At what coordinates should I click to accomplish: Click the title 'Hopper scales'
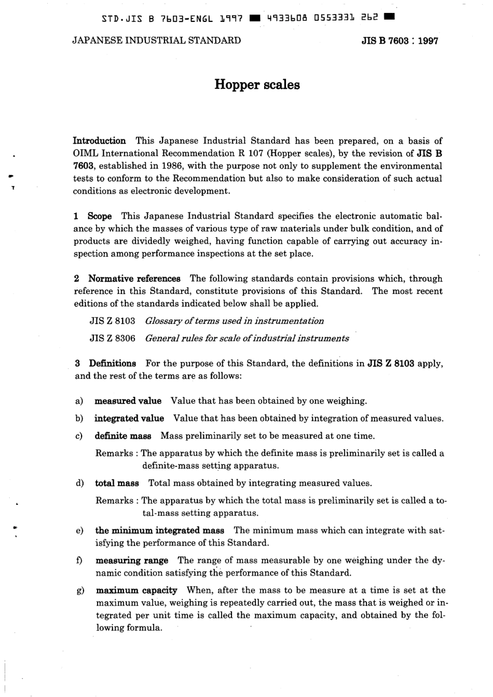point(257,85)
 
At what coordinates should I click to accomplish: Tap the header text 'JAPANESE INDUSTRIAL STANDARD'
point(156,41)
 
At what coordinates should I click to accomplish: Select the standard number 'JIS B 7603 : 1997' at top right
point(400,41)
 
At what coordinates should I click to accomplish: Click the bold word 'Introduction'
point(99,141)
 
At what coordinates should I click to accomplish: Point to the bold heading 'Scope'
point(100,216)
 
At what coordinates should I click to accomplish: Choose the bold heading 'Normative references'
point(134,278)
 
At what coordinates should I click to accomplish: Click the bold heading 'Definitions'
point(112,364)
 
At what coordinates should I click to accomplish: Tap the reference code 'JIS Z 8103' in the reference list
point(113,321)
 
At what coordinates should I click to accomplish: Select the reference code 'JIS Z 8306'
point(113,339)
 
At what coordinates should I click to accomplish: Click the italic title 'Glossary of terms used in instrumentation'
point(234,321)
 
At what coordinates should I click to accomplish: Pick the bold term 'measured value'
point(128,401)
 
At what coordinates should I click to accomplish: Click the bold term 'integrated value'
point(129,419)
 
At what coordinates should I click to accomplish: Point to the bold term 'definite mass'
point(123,436)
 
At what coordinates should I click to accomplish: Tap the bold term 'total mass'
point(117,484)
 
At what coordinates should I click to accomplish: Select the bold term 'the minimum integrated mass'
point(160,531)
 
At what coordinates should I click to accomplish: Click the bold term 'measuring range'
point(132,561)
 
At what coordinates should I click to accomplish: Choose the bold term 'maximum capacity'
point(136,591)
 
